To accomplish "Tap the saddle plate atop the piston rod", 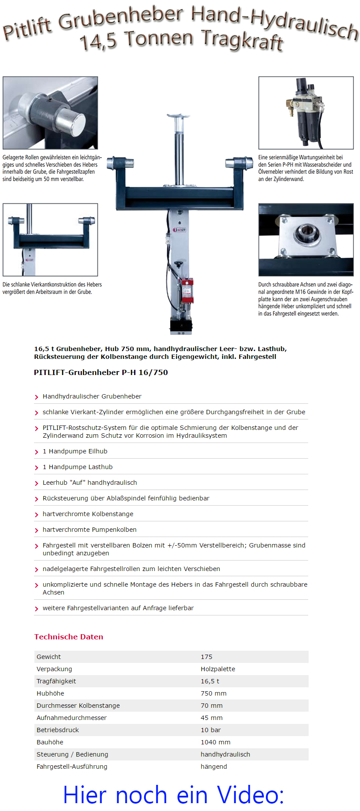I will tap(178, 116).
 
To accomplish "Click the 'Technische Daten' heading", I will tap(69, 637).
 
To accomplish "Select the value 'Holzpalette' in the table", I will tap(218, 669).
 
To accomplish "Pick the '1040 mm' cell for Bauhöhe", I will tap(215, 742).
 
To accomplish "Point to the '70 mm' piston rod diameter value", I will tap(212, 706).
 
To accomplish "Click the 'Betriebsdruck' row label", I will tap(57, 730).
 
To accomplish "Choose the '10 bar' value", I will tap(211, 730).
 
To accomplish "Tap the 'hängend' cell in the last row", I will tap(214, 767).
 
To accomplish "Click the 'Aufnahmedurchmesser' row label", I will tap(71, 718).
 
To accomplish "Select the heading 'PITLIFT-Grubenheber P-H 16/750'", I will tap(101, 372).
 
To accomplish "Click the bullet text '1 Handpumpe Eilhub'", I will tap(75, 451).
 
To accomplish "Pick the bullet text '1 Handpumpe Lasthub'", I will tap(77, 467).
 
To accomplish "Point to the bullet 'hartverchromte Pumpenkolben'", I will tap(89, 530).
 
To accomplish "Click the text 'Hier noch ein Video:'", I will tap(173, 795).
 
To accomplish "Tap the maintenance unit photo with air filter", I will tap(306, 113).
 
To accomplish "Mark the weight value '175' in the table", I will tap(206, 657).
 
